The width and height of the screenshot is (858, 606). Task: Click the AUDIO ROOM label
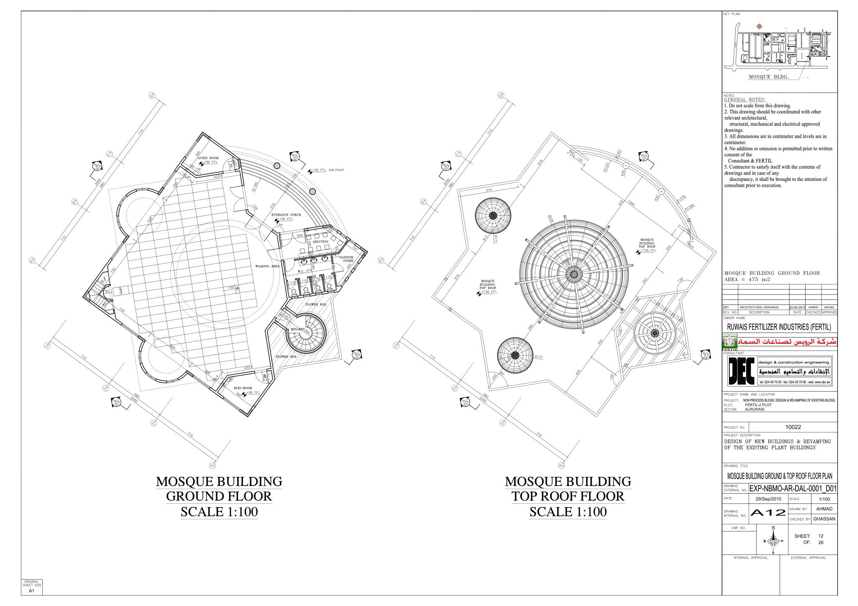point(208,158)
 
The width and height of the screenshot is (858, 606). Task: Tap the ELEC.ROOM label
point(243,388)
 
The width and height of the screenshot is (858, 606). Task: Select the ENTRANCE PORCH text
point(286,215)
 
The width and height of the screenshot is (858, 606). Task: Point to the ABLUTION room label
point(320,242)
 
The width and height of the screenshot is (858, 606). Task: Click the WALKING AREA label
point(267,266)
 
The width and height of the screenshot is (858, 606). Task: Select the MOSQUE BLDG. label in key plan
point(769,77)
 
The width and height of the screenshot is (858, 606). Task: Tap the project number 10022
point(793,428)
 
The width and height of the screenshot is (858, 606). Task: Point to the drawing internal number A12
point(768,513)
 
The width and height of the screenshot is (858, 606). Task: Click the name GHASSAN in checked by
point(824,519)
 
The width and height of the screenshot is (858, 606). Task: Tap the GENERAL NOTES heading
point(744,100)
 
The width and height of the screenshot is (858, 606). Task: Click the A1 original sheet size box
point(31,591)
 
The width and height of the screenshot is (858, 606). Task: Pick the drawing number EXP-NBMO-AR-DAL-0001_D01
point(793,488)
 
